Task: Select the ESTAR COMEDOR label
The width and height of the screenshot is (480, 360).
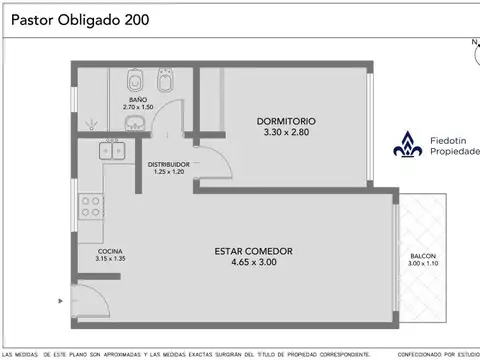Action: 254,251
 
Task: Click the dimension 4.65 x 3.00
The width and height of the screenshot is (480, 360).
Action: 254,262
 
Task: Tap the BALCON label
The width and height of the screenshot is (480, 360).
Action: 423,256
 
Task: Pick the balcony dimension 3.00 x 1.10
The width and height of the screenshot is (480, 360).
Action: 423,264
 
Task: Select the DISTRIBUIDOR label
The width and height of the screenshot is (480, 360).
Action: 170,163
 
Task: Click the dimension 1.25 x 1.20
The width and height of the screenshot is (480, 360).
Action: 170,171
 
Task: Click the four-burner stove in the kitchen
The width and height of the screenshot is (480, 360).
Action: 92,206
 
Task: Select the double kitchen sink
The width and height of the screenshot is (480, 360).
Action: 111,151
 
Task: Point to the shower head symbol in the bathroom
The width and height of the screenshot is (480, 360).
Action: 92,122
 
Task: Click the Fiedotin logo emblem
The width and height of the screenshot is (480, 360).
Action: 408,146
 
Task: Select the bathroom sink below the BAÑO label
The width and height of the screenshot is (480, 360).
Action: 133,123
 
